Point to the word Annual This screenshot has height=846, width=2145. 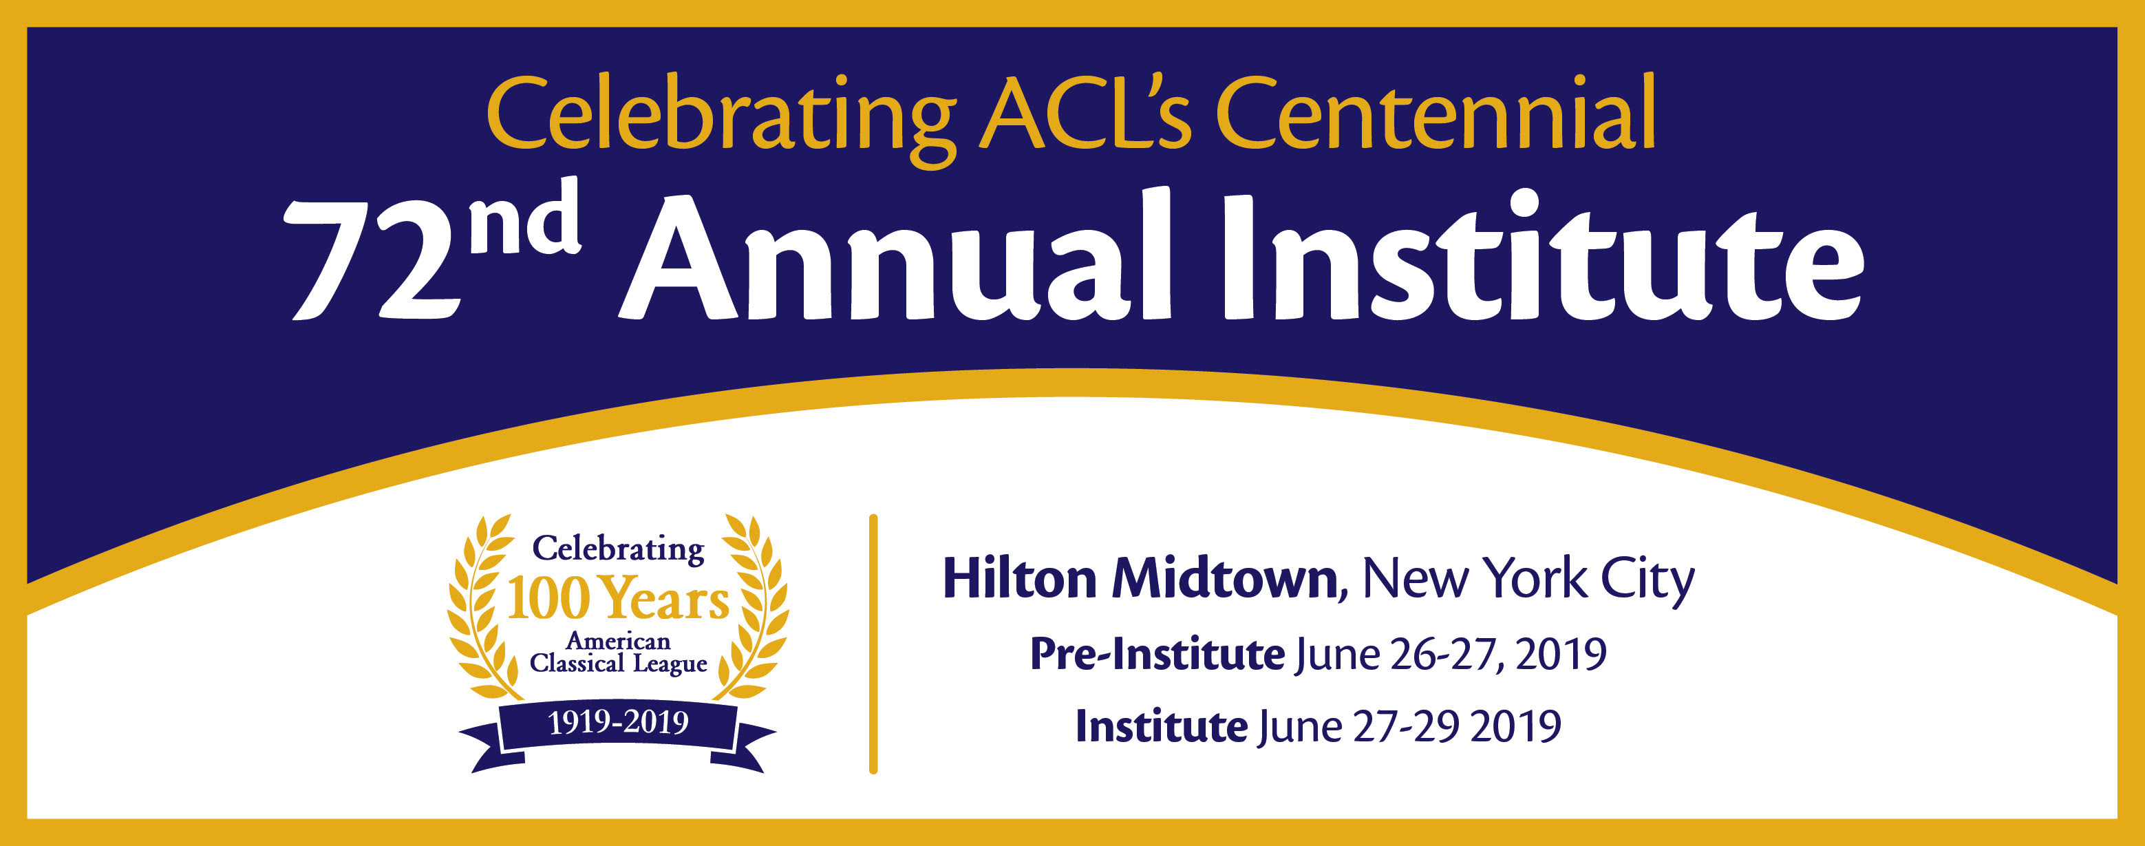tap(895, 254)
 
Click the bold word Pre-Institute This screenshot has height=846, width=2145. tap(1157, 655)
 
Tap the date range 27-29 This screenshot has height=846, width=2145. tap(1406, 726)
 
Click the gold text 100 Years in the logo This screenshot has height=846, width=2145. tap(617, 599)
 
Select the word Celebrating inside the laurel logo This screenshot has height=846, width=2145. tap(618, 549)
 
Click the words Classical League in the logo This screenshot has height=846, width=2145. tap(618, 664)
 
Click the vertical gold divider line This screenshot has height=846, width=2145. tap(873, 644)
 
